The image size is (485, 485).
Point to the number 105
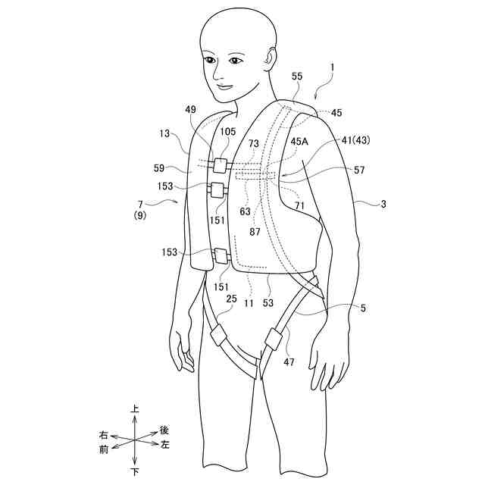point(228,132)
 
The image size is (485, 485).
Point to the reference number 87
point(255,232)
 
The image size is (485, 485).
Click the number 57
point(358,171)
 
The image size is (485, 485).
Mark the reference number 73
point(252,144)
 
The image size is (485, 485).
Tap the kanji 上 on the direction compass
point(135,409)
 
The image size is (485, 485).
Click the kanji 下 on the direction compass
point(135,472)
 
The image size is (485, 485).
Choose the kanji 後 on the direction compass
point(163,429)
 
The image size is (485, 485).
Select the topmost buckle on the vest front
point(221,164)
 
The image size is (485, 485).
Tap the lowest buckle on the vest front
point(221,255)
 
